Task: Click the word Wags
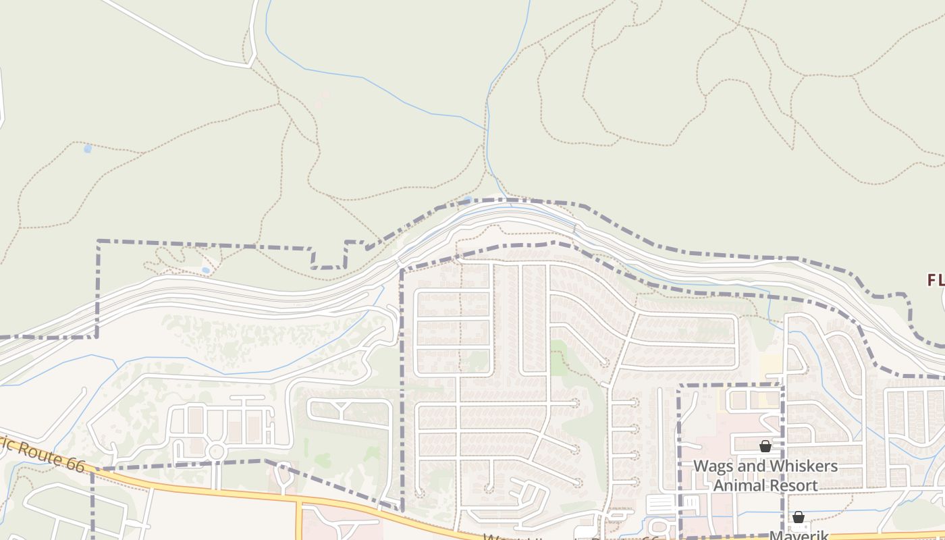[x=715, y=466]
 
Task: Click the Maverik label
[x=799, y=535]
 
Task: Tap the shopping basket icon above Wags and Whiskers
[x=765, y=446]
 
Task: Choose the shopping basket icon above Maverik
[x=799, y=517]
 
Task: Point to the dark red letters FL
[x=935, y=279]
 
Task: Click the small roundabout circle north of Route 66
[x=216, y=451]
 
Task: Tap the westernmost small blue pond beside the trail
[x=87, y=148]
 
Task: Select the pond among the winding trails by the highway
[x=205, y=270]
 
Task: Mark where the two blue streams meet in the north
[x=486, y=128]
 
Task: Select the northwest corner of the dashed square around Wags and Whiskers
[x=679, y=386]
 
